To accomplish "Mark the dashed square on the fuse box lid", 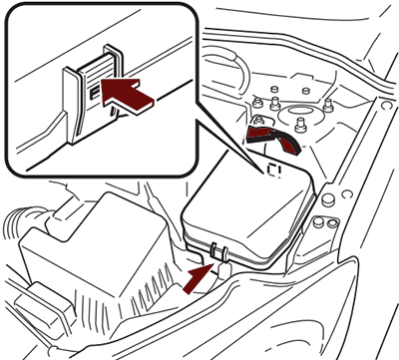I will tap(273, 170).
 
